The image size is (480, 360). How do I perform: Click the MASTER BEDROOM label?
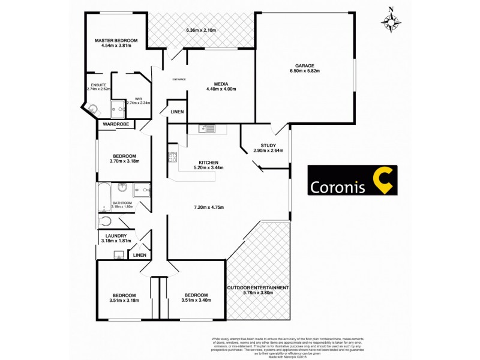pyautogui.click(x=116, y=40)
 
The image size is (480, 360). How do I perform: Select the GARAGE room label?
pyautogui.click(x=304, y=66)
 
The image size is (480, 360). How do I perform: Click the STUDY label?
pyautogui.click(x=268, y=145)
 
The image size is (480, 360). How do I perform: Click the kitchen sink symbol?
pyautogui.click(x=208, y=128)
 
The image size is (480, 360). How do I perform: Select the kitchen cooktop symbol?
pyautogui.click(x=172, y=158)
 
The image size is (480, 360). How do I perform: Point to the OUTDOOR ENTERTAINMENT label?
pyautogui.click(x=258, y=288)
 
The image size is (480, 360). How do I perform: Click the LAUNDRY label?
pyautogui.click(x=116, y=236)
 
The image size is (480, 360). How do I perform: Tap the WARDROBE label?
pyautogui.click(x=116, y=124)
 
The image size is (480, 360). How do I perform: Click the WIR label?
pyautogui.click(x=138, y=98)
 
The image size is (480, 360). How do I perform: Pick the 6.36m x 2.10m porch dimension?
pyautogui.click(x=201, y=30)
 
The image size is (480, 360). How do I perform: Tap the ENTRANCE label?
pyautogui.click(x=179, y=80)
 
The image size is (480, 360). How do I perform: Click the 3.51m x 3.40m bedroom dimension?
pyautogui.click(x=196, y=301)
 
